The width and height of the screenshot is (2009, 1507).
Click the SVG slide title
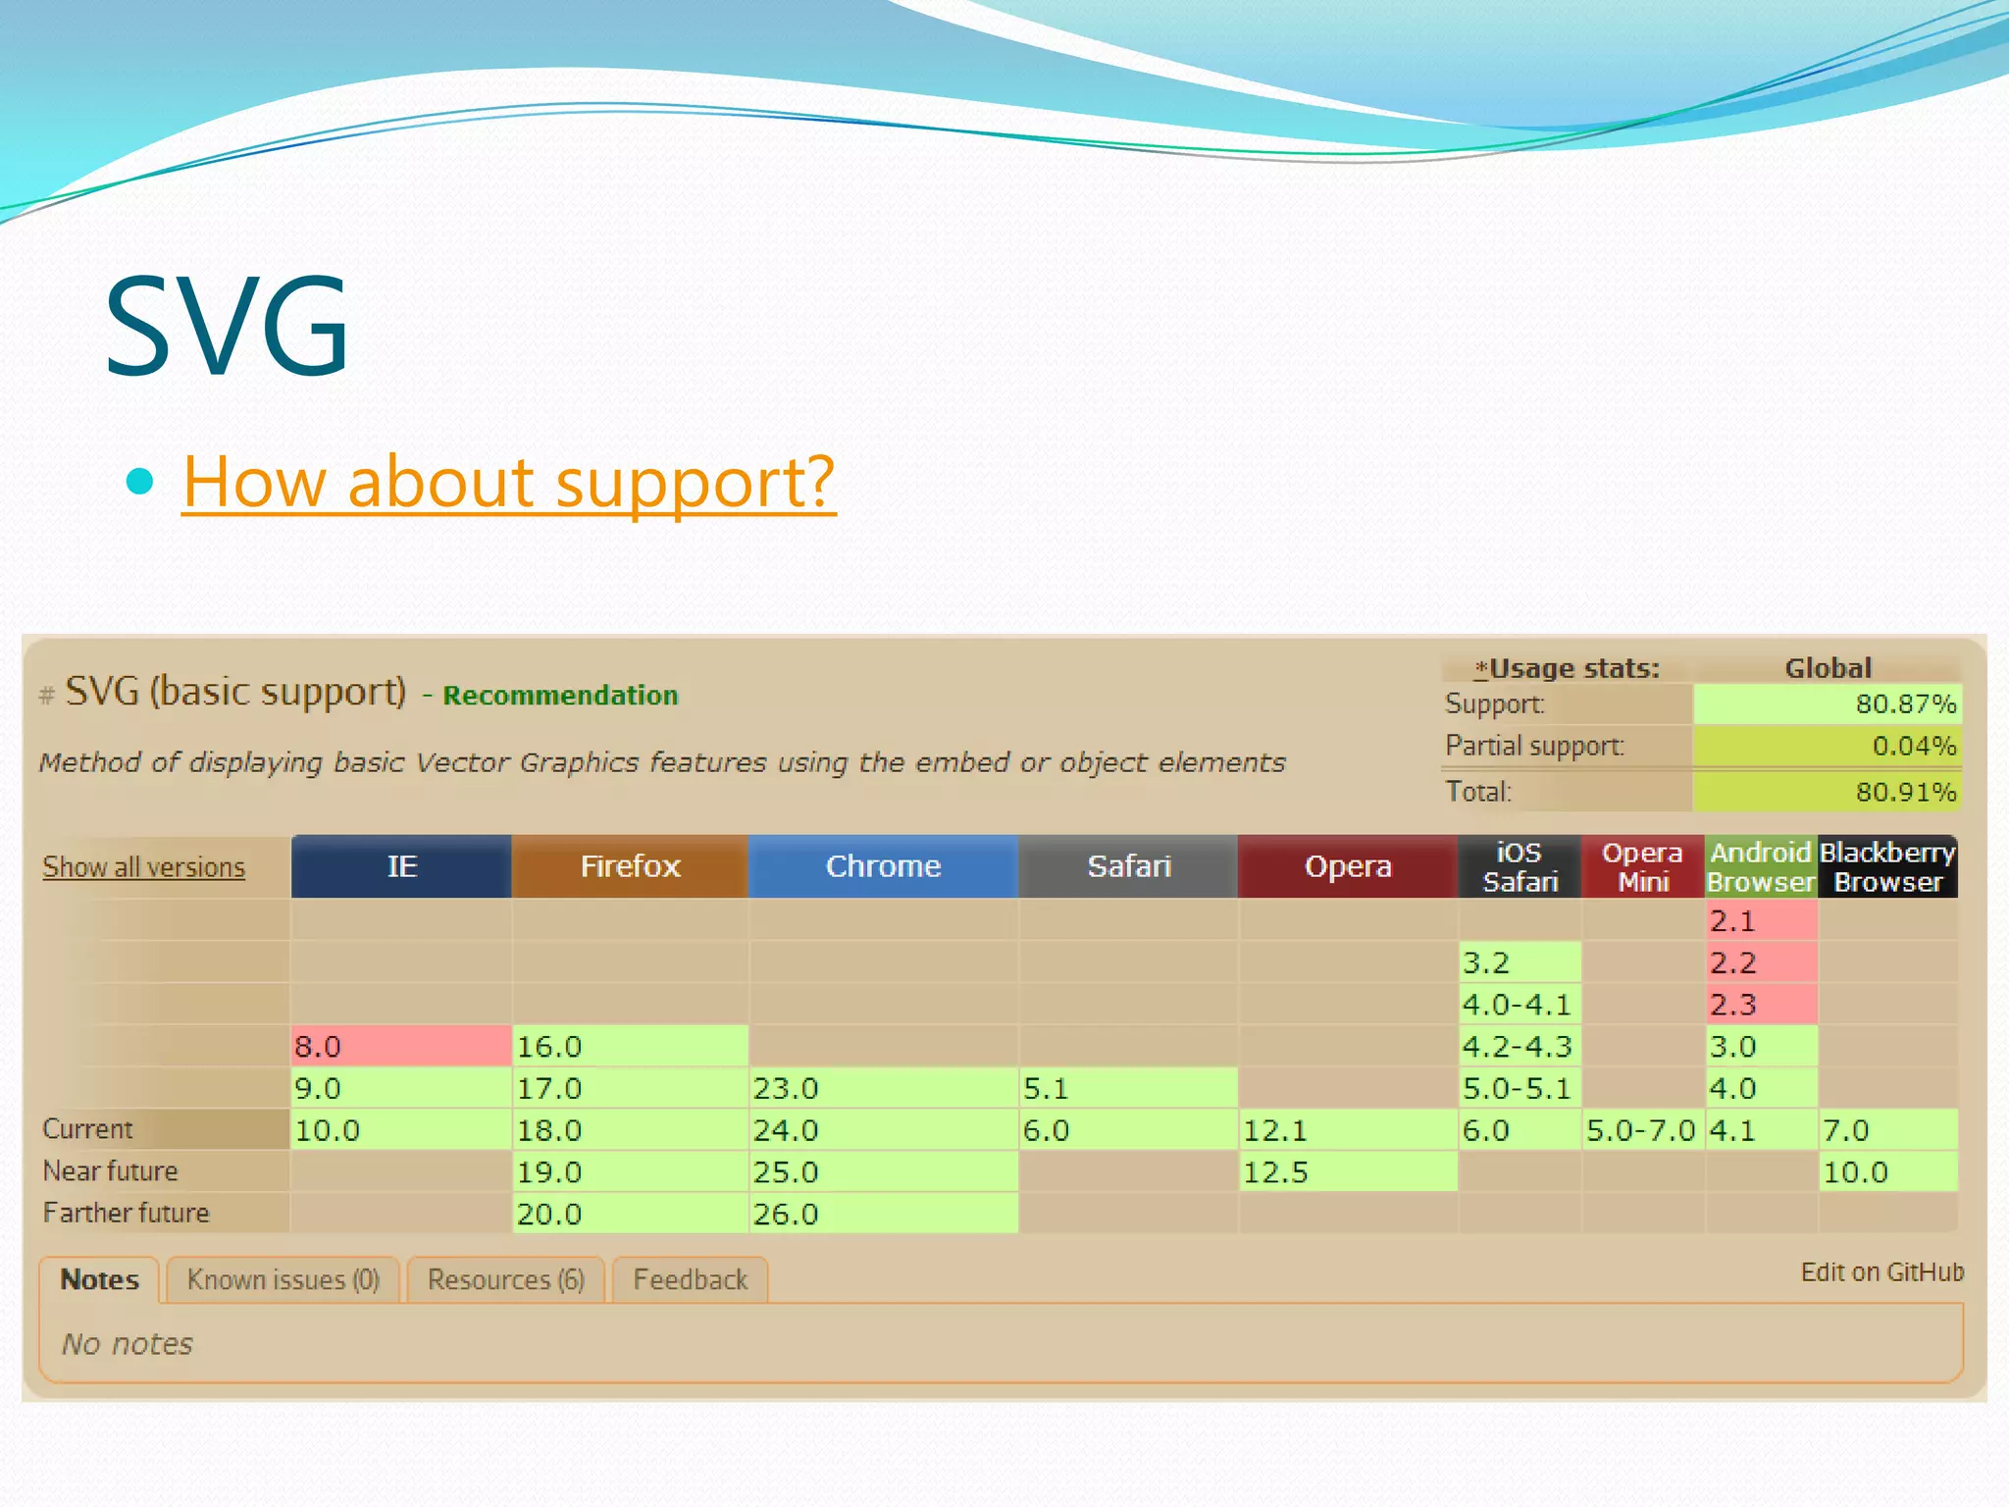pos(227,327)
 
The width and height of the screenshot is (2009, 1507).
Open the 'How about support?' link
pos(509,482)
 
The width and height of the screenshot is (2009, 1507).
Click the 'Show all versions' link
pos(143,867)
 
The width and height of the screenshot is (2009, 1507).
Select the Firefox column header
pos(630,866)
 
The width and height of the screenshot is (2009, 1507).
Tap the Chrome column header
pos(883,866)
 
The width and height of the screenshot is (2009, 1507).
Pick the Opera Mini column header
pos(1643,866)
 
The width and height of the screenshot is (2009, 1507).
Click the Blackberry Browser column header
pos(1887,866)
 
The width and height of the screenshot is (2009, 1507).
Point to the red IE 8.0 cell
pos(400,1046)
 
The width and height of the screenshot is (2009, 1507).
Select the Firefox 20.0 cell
pos(630,1214)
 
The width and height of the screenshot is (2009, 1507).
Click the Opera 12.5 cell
pos(1347,1171)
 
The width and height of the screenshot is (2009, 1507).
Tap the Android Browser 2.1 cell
pos(1761,920)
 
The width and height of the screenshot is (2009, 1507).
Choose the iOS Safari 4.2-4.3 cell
pos(1519,1046)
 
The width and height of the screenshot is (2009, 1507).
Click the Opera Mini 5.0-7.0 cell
pos(1642,1130)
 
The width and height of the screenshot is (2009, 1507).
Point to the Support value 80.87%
pos(1827,703)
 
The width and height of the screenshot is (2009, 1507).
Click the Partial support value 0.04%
pos(1827,746)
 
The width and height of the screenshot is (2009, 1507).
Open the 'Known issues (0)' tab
pos(283,1280)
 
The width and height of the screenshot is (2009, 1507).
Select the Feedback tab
pos(690,1280)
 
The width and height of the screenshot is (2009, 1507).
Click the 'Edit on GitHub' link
pos(1881,1273)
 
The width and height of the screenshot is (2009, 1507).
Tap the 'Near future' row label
pos(111,1171)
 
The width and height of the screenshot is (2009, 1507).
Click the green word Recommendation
pos(560,696)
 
